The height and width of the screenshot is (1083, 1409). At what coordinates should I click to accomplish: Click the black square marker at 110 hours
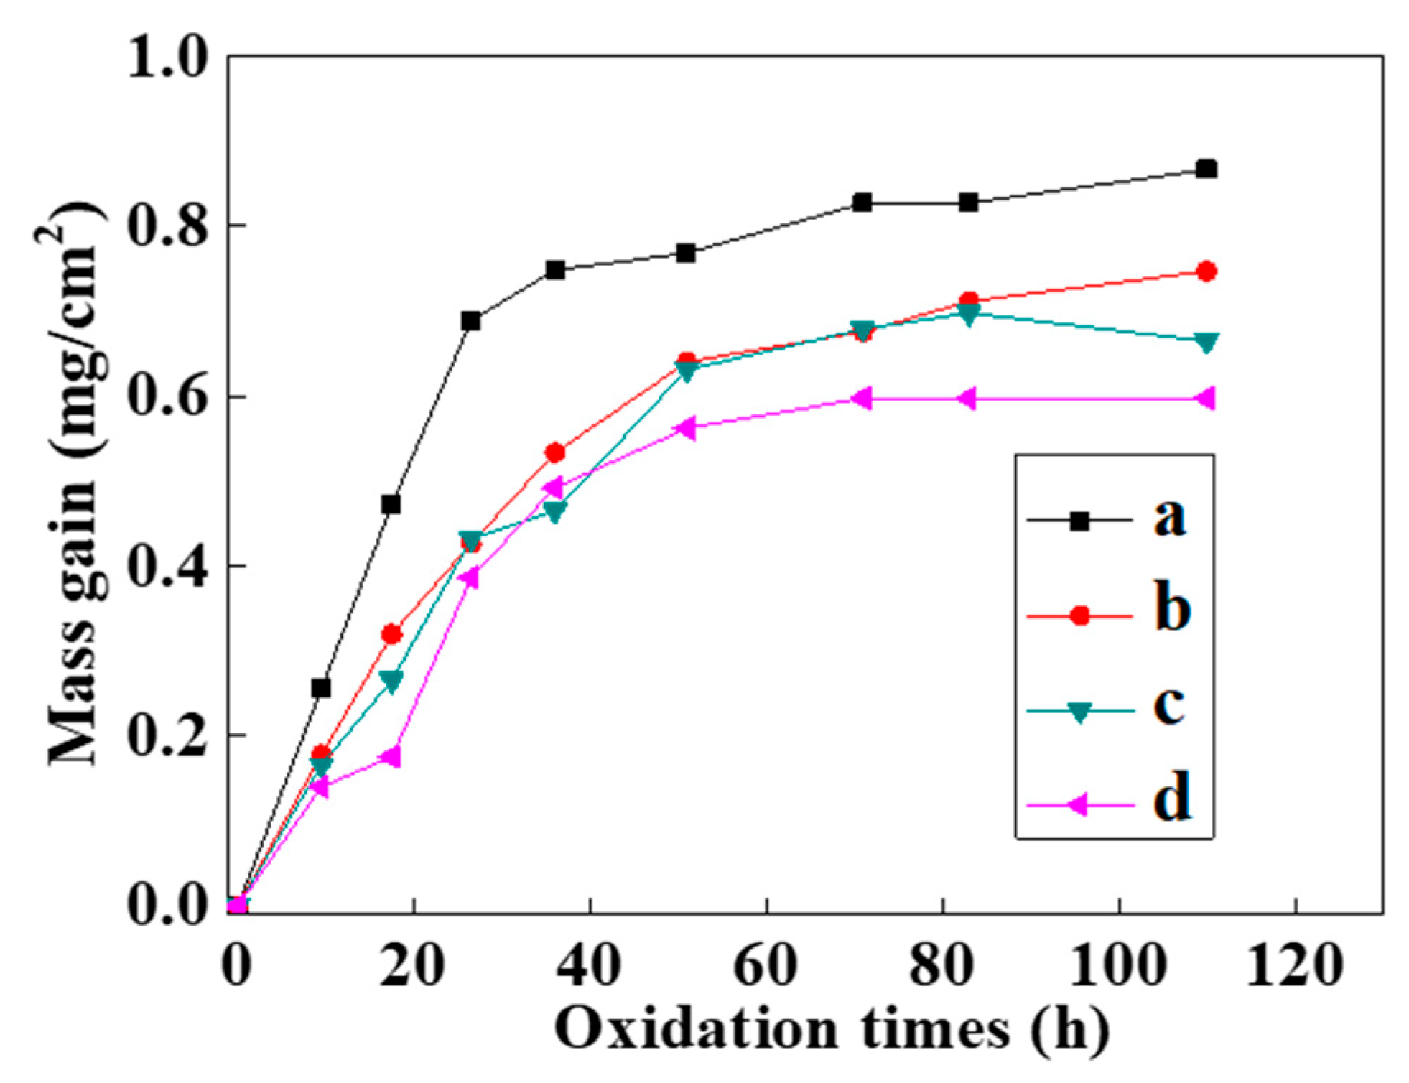point(1206,169)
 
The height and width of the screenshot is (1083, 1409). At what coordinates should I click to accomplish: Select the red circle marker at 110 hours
point(1206,271)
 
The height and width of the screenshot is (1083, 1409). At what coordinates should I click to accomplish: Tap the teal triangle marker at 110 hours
point(1206,342)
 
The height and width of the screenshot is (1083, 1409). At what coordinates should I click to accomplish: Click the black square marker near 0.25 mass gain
point(321,688)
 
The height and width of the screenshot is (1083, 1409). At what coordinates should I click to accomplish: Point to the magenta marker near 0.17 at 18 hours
point(390,757)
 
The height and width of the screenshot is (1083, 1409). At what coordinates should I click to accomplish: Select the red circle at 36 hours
point(555,452)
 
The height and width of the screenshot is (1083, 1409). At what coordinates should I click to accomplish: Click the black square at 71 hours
point(862,203)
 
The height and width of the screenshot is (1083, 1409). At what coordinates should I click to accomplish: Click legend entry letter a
point(1170,517)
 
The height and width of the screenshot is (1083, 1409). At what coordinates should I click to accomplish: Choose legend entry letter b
point(1172,609)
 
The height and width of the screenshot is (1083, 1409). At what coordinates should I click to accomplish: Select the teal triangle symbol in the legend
point(1079,712)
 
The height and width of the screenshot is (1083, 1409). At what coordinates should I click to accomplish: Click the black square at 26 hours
point(471,320)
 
